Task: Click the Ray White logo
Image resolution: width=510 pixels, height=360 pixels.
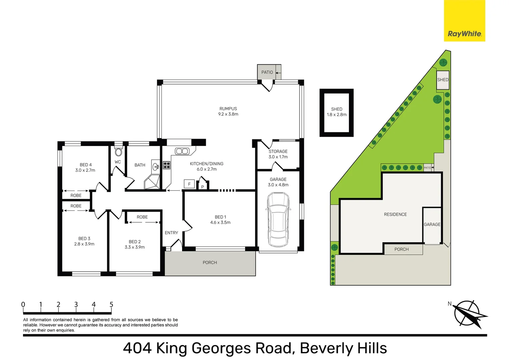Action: pos(464,21)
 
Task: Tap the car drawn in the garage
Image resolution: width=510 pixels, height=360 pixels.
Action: pos(278,220)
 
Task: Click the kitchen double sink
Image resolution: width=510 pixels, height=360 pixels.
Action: pos(182,151)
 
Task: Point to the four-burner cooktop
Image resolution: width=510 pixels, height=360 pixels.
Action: pos(167,165)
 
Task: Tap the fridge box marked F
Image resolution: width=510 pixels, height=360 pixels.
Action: pos(189,184)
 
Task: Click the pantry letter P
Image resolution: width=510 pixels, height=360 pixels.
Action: pos(202,187)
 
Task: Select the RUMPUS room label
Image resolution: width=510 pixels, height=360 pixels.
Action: pos(228,109)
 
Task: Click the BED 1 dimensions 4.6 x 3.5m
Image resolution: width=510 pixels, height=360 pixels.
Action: pos(220,223)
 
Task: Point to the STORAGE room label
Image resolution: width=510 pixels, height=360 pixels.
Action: pos(278,151)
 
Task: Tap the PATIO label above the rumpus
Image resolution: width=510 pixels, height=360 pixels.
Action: pos(267,72)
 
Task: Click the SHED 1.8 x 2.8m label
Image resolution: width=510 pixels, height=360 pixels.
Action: pos(337,112)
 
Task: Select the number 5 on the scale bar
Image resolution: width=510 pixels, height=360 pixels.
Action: pos(111,304)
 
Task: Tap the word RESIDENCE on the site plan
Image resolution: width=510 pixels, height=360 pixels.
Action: pos(395,214)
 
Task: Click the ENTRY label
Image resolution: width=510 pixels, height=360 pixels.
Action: pos(171,233)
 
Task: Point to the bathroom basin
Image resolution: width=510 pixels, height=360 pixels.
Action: pos(156,167)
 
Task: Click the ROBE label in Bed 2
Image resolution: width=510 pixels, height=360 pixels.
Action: pos(142,217)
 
